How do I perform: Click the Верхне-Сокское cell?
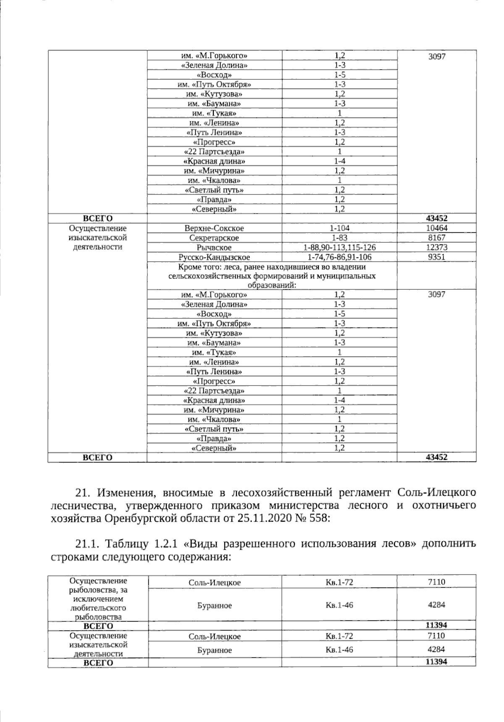click(214, 228)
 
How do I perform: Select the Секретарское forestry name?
click(214, 238)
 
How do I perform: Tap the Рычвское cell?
click(214, 248)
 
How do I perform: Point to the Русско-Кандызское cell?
click(214, 257)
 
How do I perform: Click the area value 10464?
click(437, 228)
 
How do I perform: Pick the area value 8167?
click(437, 238)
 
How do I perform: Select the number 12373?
click(437, 247)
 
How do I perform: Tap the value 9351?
click(437, 257)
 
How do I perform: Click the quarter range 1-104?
click(339, 228)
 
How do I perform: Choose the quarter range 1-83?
click(339, 238)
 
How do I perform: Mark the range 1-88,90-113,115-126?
click(339, 247)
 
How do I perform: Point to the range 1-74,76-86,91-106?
click(339, 257)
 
